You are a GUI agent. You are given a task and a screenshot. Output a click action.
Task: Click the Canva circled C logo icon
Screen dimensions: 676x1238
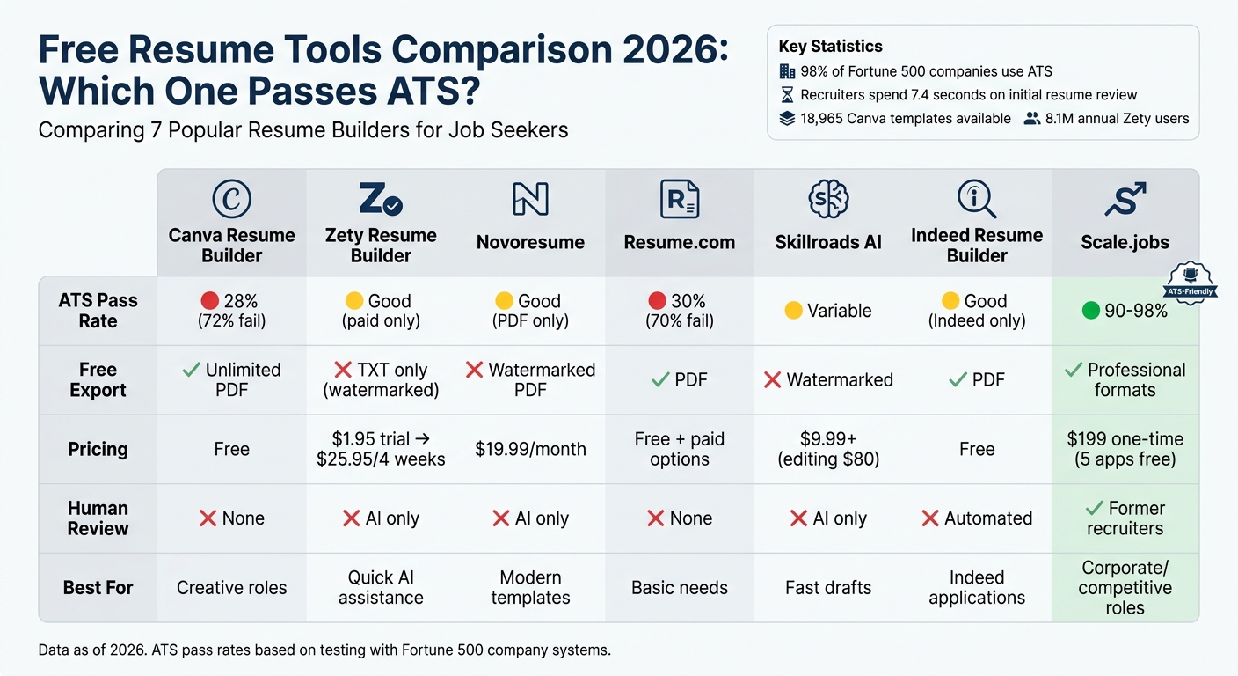[231, 200]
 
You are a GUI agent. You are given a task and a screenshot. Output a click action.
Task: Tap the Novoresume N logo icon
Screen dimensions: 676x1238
[530, 200]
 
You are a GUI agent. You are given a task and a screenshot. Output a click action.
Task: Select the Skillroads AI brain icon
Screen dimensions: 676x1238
[827, 199]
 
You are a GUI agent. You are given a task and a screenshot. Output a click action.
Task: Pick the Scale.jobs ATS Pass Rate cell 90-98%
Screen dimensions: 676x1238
[1125, 311]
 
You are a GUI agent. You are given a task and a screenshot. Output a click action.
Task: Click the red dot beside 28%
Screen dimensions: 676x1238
[210, 301]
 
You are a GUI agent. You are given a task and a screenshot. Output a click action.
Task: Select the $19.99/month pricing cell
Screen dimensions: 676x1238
[530, 449]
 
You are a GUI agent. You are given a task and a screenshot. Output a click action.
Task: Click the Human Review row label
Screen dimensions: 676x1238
[98, 518]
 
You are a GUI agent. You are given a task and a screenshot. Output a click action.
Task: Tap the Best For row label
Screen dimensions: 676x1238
[98, 587]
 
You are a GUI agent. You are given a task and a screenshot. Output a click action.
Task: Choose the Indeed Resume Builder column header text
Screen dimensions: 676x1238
[976, 246]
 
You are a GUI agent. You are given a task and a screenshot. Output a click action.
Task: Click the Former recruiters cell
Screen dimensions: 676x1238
[1125, 518]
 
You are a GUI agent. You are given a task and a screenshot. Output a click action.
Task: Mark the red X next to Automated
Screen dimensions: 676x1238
[930, 518]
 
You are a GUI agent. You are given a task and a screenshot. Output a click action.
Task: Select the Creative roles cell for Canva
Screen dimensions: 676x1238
[231, 587]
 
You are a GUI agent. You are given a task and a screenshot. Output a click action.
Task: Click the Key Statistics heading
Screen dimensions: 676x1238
[830, 47]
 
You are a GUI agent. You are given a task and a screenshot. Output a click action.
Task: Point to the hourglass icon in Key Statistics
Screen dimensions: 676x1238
[787, 94]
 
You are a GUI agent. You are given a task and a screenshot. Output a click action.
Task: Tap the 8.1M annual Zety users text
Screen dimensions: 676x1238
[1117, 118]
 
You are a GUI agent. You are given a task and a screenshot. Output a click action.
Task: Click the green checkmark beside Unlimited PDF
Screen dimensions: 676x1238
[191, 370]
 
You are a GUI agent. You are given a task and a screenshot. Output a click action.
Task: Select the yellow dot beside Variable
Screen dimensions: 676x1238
[793, 311]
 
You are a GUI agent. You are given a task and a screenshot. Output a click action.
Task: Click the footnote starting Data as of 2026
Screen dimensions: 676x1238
[324, 650]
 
